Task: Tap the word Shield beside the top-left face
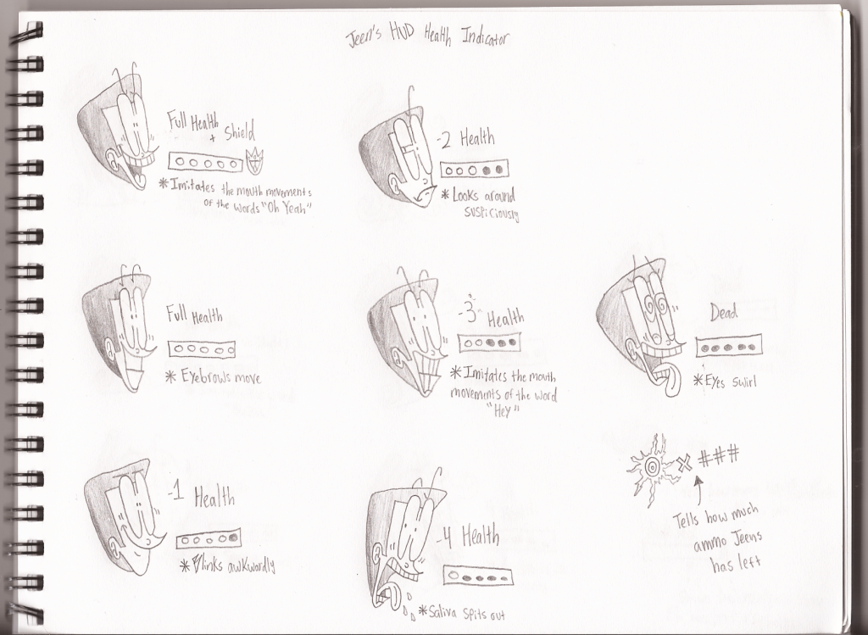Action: pos(240,132)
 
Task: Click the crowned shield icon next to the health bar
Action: pos(254,161)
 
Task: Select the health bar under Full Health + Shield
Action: pos(205,163)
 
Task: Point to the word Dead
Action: pos(724,313)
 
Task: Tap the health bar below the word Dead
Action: pos(729,346)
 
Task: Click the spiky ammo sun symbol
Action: pos(652,468)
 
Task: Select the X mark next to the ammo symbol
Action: pos(685,463)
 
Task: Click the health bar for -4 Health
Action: pos(478,576)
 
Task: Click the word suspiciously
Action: pos(492,213)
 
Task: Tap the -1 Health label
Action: pos(202,496)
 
